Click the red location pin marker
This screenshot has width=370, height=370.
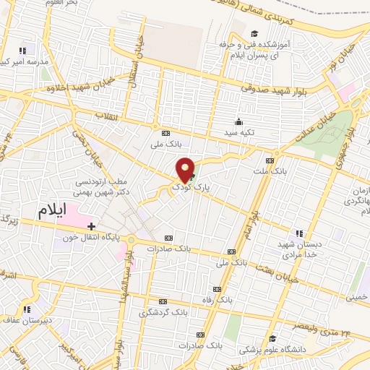[x=186, y=169]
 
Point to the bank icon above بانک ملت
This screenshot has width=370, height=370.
[x=270, y=160]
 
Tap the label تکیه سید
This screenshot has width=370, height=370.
[x=238, y=132]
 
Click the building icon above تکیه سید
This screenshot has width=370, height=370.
[x=239, y=121]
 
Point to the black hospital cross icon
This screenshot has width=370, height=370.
[x=91, y=227]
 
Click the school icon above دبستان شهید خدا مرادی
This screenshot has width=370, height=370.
[x=299, y=233]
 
